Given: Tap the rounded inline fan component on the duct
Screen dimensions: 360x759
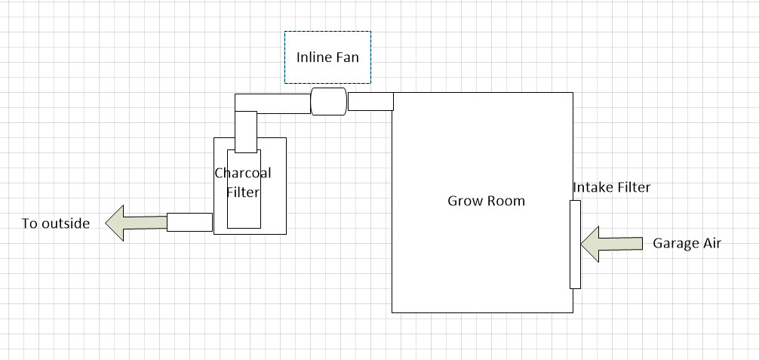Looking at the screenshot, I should [329, 102].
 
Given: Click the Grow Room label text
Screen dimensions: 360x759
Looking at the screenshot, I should [486, 201].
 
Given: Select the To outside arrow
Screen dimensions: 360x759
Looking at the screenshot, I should [136, 223].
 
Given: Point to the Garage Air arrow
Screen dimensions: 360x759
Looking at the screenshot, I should [611, 243].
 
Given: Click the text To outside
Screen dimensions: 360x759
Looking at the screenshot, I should [56, 223].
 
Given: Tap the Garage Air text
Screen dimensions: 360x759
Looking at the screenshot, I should [687, 243].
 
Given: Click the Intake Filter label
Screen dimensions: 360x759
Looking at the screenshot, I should [611, 187].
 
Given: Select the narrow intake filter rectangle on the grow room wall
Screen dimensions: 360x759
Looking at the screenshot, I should [575, 244].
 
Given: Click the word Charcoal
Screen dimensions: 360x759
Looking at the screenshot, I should [243, 173].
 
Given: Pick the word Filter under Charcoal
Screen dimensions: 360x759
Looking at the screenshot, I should [243, 192].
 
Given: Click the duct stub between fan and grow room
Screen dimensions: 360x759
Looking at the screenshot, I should [370, 101].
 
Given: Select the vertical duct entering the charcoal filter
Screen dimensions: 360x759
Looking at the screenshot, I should [246, 131].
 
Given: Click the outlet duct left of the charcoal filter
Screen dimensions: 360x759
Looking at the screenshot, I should [189, 222].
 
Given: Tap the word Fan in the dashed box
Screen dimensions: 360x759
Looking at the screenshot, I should [347, 57].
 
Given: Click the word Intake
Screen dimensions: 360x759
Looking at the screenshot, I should [592, 187].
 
